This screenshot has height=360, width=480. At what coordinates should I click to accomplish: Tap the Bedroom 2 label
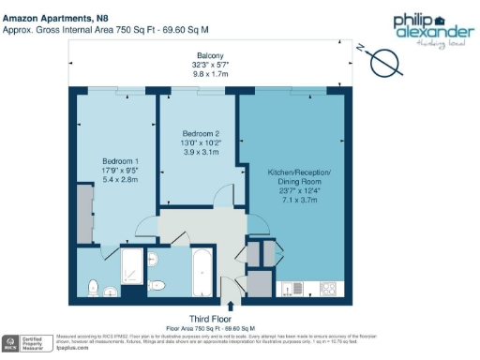(201, 134)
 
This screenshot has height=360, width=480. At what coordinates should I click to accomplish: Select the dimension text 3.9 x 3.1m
(201, 152)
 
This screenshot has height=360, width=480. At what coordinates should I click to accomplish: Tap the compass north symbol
(384, 62)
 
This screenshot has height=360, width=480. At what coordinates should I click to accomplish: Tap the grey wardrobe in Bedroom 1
(85, 215)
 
